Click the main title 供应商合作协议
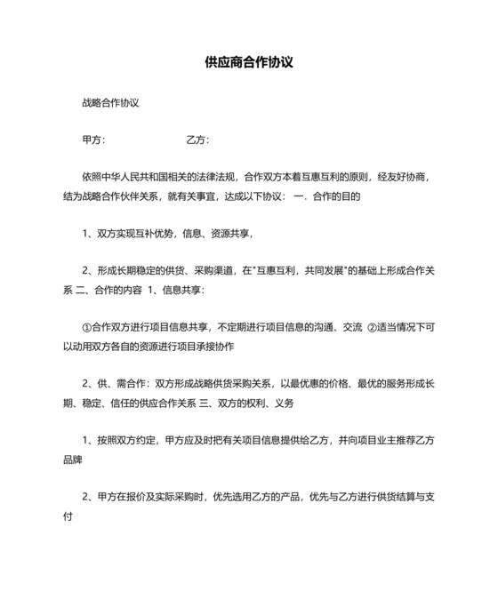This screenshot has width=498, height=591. pyautogui.click(x=249, y=63)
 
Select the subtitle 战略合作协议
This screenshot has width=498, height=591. pyautogui.click(x=109, y=102)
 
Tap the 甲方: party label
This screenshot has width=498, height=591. pyautogui.click(x=93, y=140)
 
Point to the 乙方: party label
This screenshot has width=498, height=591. pyautogui.click(x=197, y=140)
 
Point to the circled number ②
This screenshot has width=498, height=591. pyautogui.click(x=373, y=328)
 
